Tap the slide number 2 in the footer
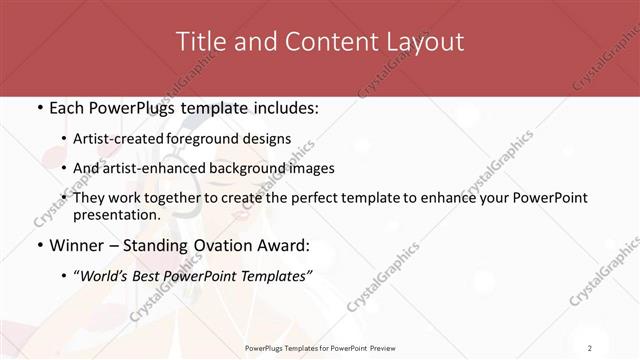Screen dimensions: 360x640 (590, 347)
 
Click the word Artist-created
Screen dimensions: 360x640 (124, 138)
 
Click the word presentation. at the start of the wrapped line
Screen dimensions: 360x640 (116, 214)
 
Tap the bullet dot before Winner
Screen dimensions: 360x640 (39, 243)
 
